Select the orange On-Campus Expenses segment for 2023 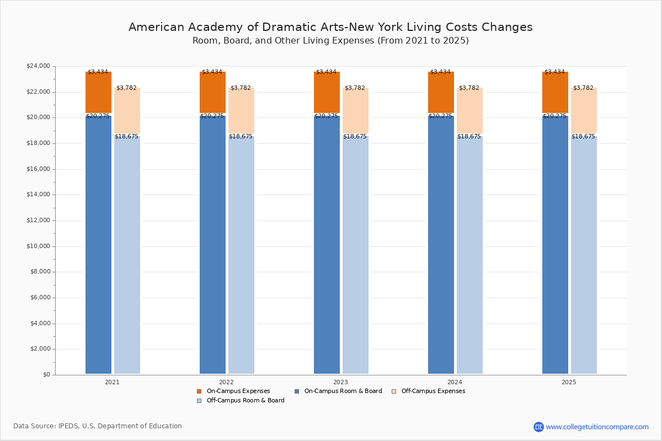click(x=327, y=92)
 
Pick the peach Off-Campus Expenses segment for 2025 click(x=584, y=110)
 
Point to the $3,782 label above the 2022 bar click(x=241, y=88)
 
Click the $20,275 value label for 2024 click(x=440, y=116)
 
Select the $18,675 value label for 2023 click(x=355, y=137)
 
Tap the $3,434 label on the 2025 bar click(x=554, y=72)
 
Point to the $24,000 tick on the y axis click(x=38, y=66)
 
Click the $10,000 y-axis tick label click(x=38, y=246)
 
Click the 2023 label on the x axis click(x=340, y=382)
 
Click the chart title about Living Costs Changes click(x=330, y=27)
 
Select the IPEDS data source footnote click(x=98, y=426)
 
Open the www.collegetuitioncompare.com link click(x=597, y=427)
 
